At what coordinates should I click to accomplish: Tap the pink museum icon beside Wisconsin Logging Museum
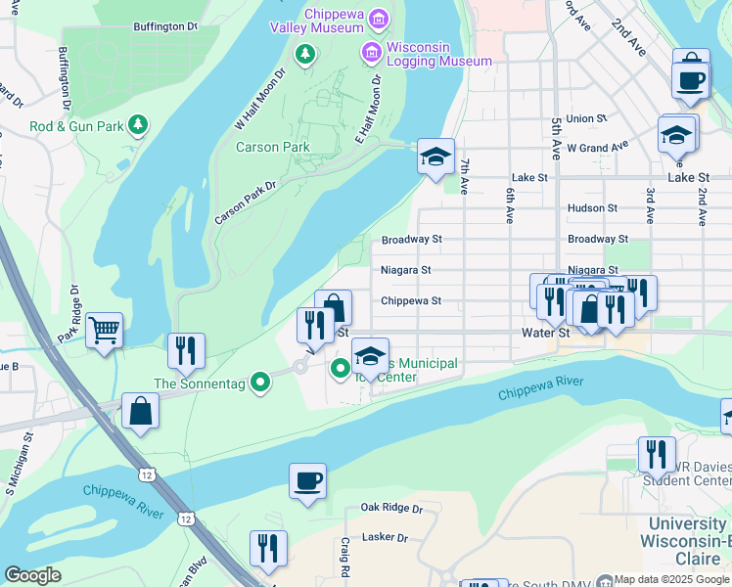coord(372,51)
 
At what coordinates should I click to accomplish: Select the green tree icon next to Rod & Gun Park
coord(139,124)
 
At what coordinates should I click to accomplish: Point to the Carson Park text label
coord(273,148)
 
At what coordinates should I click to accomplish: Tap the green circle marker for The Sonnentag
coord(259,382)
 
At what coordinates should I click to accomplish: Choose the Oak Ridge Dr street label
coord(390,508)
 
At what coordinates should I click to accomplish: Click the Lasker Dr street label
coord(384,537)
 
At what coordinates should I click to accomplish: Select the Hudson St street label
coord(592,208)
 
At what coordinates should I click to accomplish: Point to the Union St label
coord(587,118)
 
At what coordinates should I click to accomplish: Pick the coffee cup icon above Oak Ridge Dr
coord(307,480)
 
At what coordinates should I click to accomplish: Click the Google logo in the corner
coord(32,575)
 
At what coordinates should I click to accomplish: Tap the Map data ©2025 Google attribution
coord(672,579)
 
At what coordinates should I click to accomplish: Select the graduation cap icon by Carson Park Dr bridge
coord(435,156)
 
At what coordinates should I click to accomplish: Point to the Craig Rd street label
coord(344,557)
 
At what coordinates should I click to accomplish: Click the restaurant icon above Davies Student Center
coord(656,454)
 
